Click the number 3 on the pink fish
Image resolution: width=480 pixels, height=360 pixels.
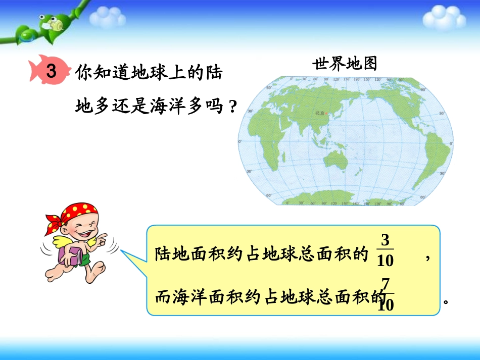51,72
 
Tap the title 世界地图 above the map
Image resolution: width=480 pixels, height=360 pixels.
345,64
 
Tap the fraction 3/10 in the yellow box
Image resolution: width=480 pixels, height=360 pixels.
385,250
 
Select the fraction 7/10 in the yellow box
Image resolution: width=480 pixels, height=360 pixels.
387,295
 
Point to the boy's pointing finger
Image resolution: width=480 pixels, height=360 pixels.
104,236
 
